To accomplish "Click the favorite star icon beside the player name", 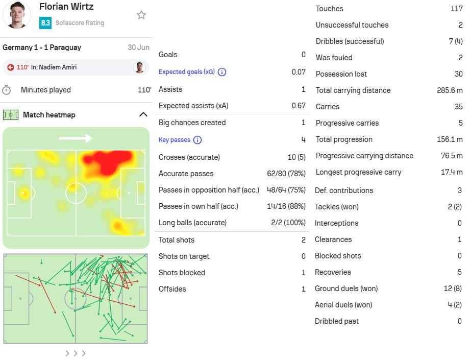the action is pyautogui.click(x=141, y=15).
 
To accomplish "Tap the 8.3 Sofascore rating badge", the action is pyautogui.click(x=45, y=23).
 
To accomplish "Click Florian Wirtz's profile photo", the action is pyautogui.click(x=17, y=15).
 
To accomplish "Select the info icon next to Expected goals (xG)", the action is pyautogui.click(x=222, y=72).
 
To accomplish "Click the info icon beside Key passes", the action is pyautogui.click(x=197, y=140).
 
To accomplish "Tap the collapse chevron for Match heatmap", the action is pyautogui.click(x=143, y=114).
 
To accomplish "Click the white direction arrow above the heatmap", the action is pyautogui.click(x=76, y=138).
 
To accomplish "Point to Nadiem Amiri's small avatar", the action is pyautogui.click(x=139, y=67).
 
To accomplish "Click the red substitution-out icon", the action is pyautogui.click(x=11, y=67).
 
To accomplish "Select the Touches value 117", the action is pyautogui.click(x=457, y=9).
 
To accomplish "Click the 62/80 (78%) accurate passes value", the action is pyautogui.click(x=286, y=174).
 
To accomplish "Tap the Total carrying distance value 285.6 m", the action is pyautogui.click(x=450, y=90).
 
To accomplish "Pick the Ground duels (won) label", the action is pyautogui.click(x=346, y=289).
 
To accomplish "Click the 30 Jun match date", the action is pyautogui.click(x=138, y=47).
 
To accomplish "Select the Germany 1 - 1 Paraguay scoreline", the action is pyautogui.click(x=42, y=47).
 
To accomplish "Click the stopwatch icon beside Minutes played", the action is pyautogui.click(x=6, y=90).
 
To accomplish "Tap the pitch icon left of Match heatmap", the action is pyautogui.click(x=11, y=115).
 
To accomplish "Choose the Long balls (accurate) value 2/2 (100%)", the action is pyautogui.click(x=288, y=223).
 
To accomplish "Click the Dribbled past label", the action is pyautogui.click(x=337, y=321).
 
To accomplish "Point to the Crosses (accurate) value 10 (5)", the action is pyautogui.click(x=296, y=157).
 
